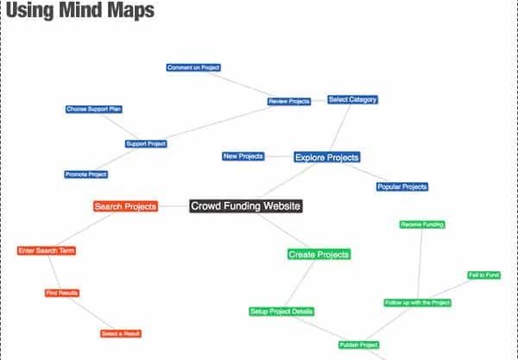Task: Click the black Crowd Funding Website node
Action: [246, 206]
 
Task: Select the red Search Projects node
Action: [125, 206]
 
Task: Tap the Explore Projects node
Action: [327, 157]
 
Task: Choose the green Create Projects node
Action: [319, 255]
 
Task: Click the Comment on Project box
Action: [193, 67]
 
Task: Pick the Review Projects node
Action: [289, 101]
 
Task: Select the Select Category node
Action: [353, 99]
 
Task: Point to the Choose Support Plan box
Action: [94, 110]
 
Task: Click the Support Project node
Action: [146, 143]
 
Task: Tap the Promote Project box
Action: [86, 174]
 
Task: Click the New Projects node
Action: [243, 156]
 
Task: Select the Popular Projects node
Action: [402, 186]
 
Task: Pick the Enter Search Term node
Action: [47, 250]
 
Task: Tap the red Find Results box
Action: [62, 293]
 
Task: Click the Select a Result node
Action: [121, 333]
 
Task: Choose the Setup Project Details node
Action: [281, 312]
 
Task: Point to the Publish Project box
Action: [359, 344]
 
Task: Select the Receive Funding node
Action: [422, 224]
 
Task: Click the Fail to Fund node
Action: [484, 275]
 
